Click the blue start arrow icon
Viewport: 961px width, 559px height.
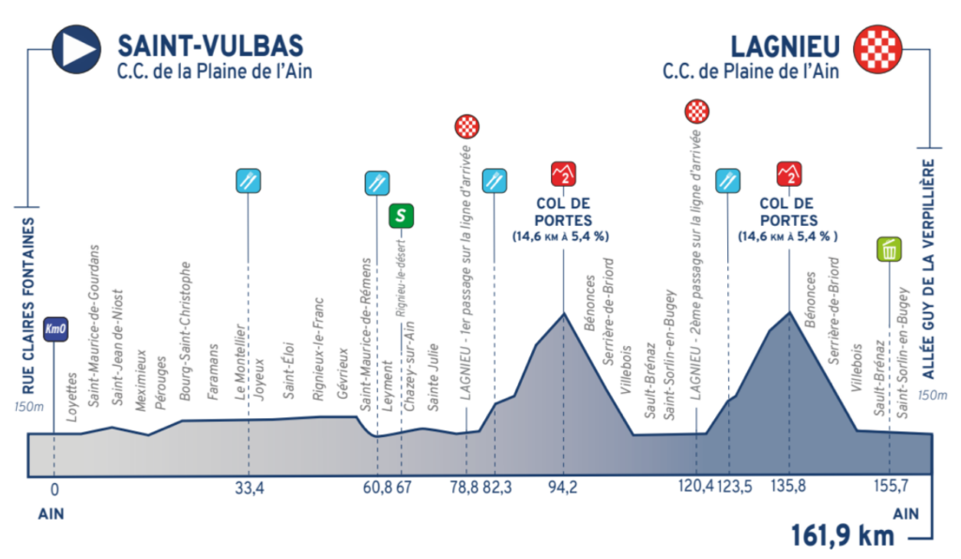click(76, 50)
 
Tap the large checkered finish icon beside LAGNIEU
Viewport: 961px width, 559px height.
click(878, 50)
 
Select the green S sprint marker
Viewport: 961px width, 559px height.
click(401, 216)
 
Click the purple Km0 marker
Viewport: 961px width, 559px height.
click(55, 329)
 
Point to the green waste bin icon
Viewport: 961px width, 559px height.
click(889, 249)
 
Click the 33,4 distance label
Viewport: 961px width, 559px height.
click(250, 488)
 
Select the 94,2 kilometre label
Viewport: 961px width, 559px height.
click(563, 488)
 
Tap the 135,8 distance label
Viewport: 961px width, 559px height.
click(788, 487)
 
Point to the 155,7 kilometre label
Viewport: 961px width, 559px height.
click(891, 487)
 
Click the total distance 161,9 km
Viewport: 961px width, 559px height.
click(843, 536)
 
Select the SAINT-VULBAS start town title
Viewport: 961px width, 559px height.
click(210, 47)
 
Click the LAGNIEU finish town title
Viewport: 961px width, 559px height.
click(785, 47)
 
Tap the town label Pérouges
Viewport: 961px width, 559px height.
click(160, 384)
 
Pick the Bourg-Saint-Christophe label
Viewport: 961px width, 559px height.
click(185, 331)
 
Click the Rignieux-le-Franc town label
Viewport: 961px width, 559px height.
click(318, 349)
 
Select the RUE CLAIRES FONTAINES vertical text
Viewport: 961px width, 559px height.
click(28, 306)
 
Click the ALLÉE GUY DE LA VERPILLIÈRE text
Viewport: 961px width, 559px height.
click(928, 269)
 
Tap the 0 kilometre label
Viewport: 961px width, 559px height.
click(54, 490)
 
